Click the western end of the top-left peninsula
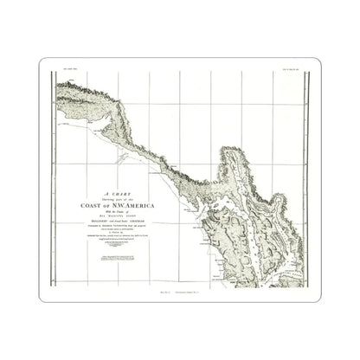click(60, 86)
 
